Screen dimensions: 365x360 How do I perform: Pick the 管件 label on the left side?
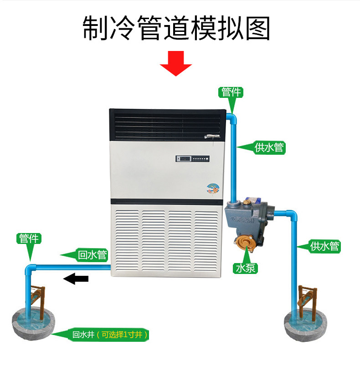coord(30,238)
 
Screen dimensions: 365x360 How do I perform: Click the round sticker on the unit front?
coord(212,188)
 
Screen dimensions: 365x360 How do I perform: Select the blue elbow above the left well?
coord(30,269)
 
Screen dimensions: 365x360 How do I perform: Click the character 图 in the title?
coord(257,28)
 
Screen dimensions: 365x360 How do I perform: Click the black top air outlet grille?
coord(167,124)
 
